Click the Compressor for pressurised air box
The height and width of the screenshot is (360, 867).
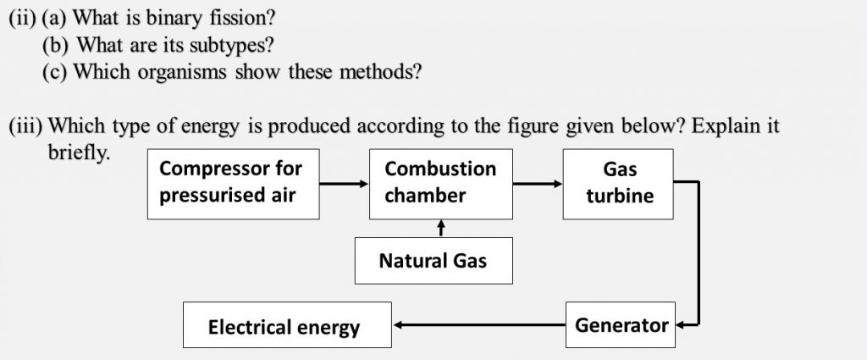[233, 184]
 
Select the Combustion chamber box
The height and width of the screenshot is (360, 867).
[440, 184]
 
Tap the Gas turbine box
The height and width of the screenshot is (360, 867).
[618, 184]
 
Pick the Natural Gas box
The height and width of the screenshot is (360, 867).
[433, 260]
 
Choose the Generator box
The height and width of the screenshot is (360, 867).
[621, 324]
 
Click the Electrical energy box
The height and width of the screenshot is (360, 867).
[287, 324]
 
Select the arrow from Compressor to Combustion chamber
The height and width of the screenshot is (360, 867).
[344, 184]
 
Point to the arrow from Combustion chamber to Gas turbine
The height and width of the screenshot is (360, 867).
[538, 184]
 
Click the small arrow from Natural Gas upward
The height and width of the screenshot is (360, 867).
[440, 228]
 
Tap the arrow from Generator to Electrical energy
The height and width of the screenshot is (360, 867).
[479, 325]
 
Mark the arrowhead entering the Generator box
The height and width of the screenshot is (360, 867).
[680, 325]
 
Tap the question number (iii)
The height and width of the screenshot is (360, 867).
[25, 126]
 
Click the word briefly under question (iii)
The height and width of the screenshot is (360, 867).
[79, 152]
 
